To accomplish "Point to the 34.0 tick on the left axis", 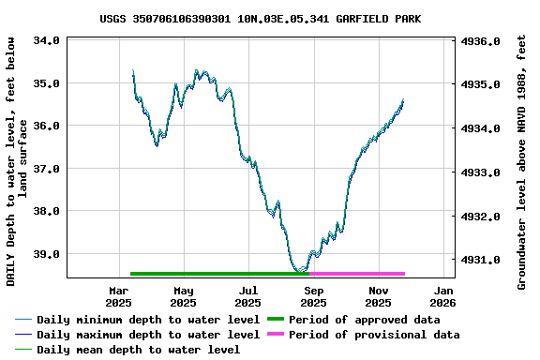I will tap(48, 41).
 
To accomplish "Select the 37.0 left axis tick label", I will tap(48, 169).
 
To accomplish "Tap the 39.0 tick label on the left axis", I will tap(48, 254).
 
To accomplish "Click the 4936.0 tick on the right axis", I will tap(482, 41).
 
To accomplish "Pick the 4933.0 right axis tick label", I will tap(482, 172).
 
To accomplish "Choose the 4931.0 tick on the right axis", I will tap(482, 260).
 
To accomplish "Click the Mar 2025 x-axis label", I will tap(118, 296).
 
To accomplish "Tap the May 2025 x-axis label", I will tap(183, 296).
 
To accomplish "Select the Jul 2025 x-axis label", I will tap(247, 296).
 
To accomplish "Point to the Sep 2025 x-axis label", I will tap(313, 296).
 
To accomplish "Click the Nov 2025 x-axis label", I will tap(378, 296).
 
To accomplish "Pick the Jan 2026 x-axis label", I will tap(442, 296).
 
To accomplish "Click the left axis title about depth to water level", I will tap(17, 161).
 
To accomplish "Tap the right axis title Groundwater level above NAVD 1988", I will tap(522, 161).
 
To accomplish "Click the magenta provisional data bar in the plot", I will tap(357, 274).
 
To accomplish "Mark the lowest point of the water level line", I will tap(300, 272).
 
